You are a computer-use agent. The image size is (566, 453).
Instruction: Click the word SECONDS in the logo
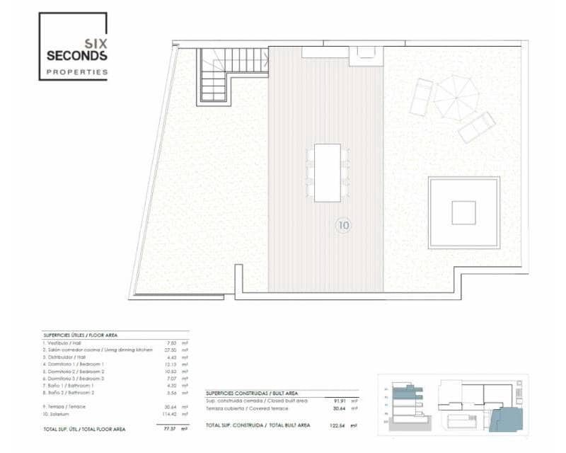click(76, 55)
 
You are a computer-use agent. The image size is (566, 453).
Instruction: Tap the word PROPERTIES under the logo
click(76, 71)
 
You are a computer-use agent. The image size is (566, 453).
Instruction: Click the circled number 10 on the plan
click(343, 226)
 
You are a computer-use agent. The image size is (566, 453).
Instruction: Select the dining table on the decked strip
click(327, 173)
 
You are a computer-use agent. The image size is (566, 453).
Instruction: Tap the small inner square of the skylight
click(463, 212)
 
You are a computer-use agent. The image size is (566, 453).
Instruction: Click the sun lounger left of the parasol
click(421, 98)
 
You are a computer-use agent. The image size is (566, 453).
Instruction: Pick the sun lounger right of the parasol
click(477, 127)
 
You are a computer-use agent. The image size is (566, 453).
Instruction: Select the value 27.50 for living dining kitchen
click(171, 350)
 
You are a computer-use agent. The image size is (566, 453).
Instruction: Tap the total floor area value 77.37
click(170, 429)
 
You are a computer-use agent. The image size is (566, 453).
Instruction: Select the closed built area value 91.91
click(341, 401)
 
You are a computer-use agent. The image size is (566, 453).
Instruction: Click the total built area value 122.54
click(340, 425)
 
